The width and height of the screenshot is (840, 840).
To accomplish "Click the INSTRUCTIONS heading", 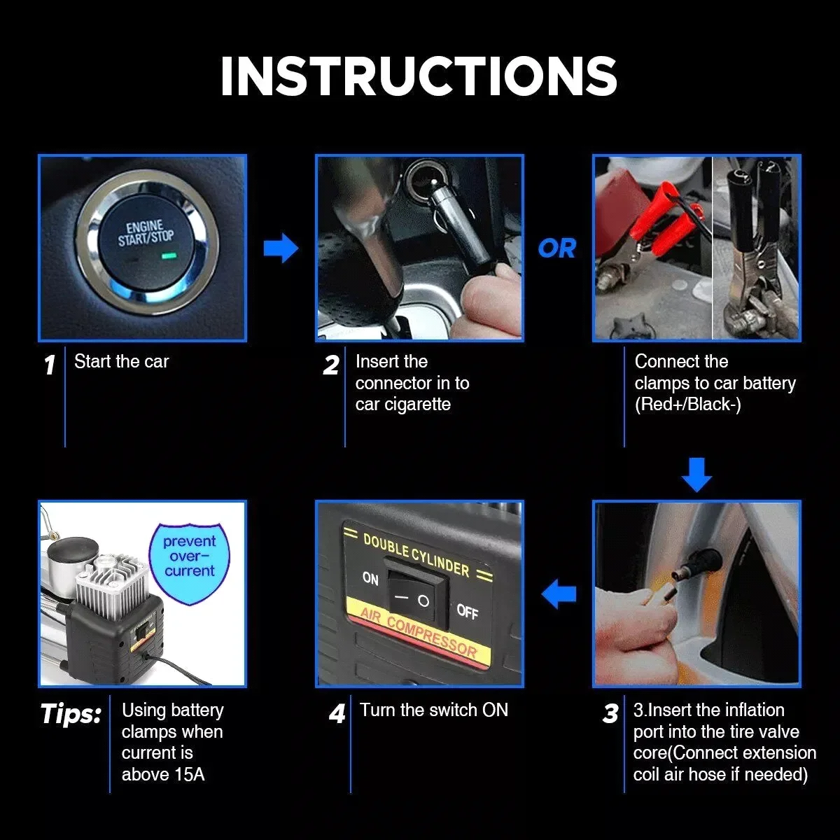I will click(419, 76).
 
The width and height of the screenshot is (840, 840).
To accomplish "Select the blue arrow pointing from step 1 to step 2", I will click(281, 248).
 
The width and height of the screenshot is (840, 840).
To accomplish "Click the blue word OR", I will click(557, 248).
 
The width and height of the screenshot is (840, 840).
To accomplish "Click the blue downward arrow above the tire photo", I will click(696, 475).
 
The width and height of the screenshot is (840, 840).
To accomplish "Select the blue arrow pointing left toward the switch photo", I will click(559, 594).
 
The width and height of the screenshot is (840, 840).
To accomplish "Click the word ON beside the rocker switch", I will click(370, 578).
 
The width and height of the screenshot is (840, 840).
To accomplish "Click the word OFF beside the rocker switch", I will click(467, 611).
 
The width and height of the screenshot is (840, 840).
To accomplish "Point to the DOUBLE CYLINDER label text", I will click(416, 556).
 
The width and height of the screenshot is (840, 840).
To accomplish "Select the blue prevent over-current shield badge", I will click(189, 560).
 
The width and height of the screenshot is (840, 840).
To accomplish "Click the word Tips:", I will click(71, 714).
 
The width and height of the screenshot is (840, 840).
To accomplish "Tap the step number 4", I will click(337, 714).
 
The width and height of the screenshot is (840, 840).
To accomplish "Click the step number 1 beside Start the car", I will click(50, 365).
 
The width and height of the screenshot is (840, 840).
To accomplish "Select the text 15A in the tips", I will click(188, 774).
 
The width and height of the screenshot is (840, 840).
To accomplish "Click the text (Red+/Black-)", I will click(687, 405).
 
